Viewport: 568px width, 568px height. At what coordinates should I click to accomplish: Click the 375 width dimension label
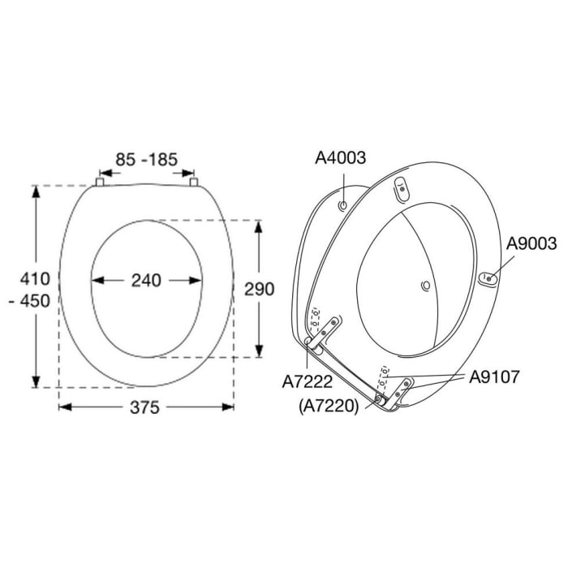coord(145,407)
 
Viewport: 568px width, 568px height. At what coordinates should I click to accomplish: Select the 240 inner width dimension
coord(146,281)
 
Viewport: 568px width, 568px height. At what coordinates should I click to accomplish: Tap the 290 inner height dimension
coord(259,289)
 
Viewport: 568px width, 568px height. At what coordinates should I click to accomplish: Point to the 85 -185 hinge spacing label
coord(146,160)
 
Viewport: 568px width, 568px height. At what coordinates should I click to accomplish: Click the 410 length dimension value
coord(35,279)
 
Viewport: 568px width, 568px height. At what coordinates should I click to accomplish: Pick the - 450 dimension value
coord(30,301)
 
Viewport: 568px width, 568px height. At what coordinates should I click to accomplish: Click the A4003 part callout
coord(341,158)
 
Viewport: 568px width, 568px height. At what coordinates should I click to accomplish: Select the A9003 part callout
coord(531,243)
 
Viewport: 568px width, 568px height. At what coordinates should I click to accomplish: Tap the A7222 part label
coord(308,382)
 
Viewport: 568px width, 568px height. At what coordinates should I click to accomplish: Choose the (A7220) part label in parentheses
coord(329,407)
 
